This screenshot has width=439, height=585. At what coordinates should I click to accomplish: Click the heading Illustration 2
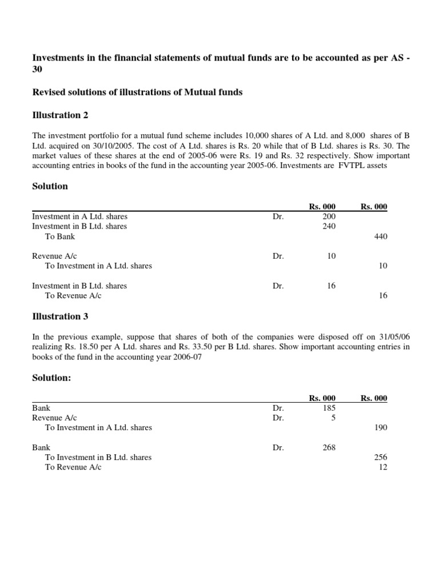(x=60, y=115)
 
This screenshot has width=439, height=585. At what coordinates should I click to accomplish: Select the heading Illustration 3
(x=60, y=316)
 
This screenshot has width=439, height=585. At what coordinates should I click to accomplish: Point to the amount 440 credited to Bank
(x=380, y=237)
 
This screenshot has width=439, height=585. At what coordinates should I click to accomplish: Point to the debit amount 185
(x=329, y=408)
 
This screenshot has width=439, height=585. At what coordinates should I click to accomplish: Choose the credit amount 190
(x=380, y=427)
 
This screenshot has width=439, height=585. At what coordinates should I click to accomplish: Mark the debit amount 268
(x=329, y=448)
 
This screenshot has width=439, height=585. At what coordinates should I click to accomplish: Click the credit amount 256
(x=380, y=458)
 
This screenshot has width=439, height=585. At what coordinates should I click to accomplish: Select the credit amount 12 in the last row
(x=383, y=467)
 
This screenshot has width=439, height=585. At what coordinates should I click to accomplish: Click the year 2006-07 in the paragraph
(x=185, y=357)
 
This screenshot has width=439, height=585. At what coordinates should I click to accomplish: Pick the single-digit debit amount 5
(x=333, y=418)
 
